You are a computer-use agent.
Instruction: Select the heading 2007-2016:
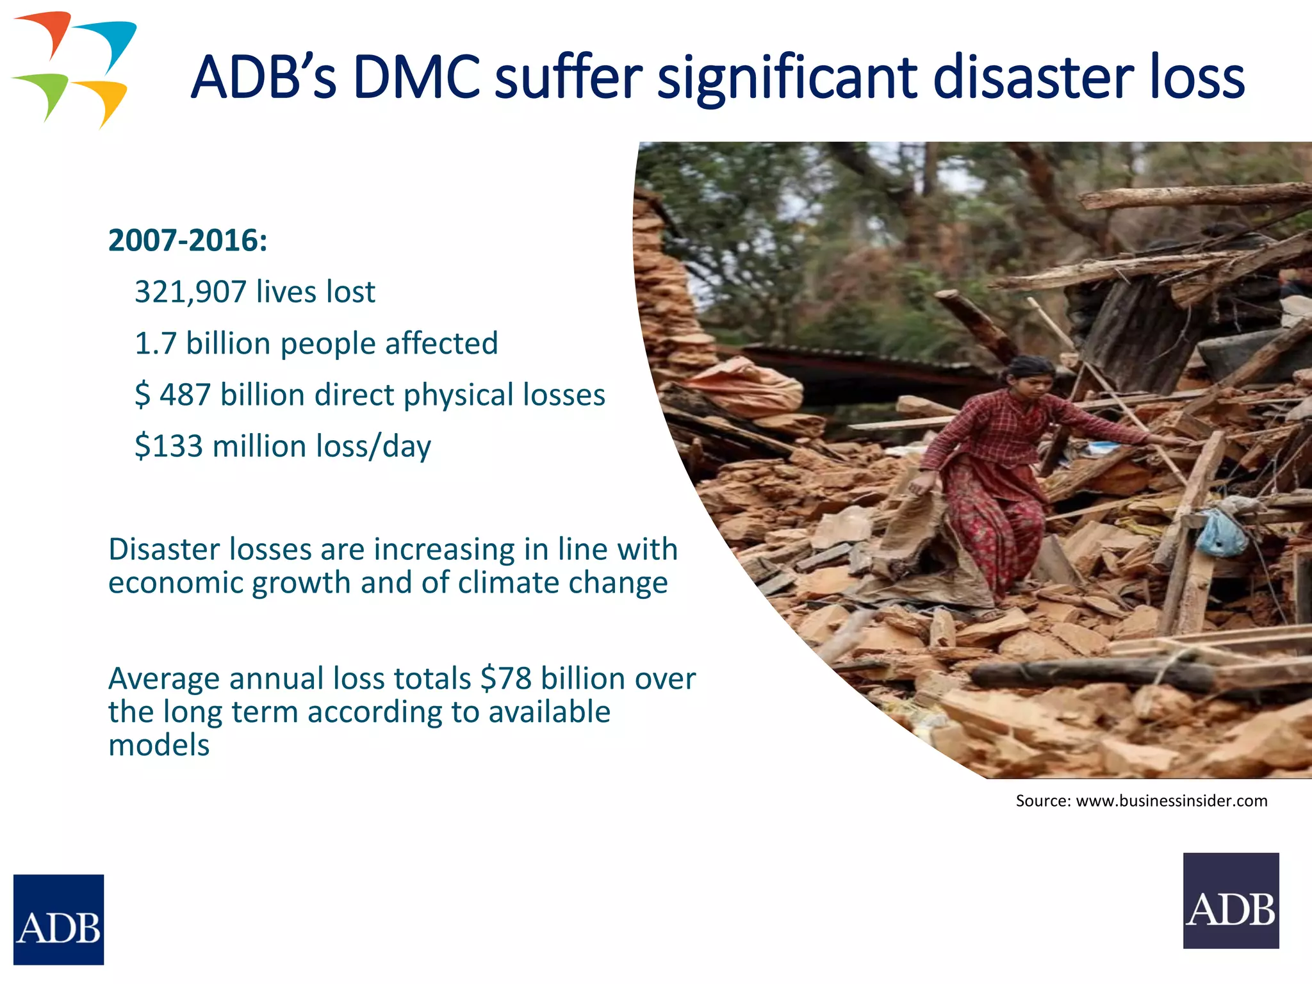(188, 241)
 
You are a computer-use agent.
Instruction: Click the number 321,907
(190, 292)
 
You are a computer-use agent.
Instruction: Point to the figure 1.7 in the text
(155, 343)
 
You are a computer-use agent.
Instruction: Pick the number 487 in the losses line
(185, 395)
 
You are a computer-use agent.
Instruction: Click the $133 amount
(168, 446)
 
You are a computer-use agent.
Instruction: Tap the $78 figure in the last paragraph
(506, 678)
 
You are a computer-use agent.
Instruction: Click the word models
(159, 745)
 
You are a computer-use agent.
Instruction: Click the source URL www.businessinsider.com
(1171, 801)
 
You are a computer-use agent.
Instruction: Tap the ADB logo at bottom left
(58, 919)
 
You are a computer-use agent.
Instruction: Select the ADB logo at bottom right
(1231, 900)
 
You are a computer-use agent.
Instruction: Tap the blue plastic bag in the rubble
(1221, 533)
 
